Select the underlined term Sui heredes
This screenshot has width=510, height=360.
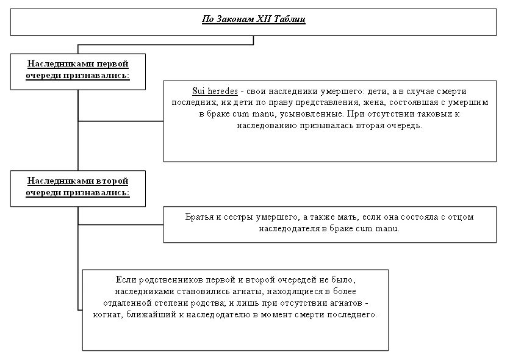[x=215, y=92]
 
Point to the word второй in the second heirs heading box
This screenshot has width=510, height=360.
[x=109, y=181]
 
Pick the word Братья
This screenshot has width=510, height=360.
[x=200, y=217]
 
